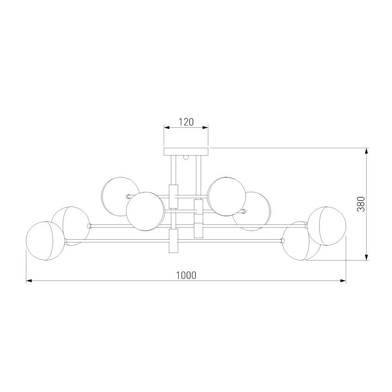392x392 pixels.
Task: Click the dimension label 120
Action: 186,122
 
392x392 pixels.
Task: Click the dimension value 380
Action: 361,204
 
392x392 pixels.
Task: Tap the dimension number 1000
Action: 186,275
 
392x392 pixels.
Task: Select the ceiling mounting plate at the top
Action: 186,151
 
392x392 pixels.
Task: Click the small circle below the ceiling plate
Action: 187,157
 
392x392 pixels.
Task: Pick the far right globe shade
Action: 327,226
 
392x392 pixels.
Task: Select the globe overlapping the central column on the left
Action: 145,211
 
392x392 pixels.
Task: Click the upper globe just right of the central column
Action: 226,194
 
